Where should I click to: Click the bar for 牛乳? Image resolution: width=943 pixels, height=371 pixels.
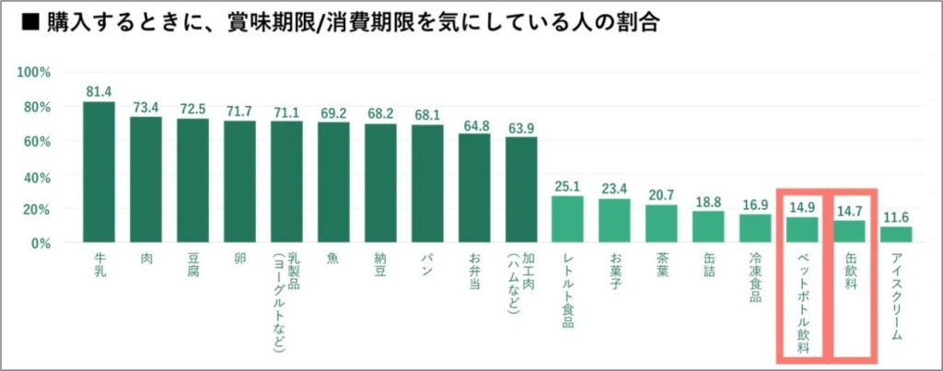pyautogui.click(x=99, y=172)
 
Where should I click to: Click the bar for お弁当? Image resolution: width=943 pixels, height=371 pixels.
pyautogui.click(x=474, y=188)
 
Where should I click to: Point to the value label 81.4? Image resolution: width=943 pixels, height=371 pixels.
pyautogui.click(x=99, y=91)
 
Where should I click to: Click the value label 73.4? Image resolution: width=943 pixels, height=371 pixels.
pyautogui.click(x=146, y=105)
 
